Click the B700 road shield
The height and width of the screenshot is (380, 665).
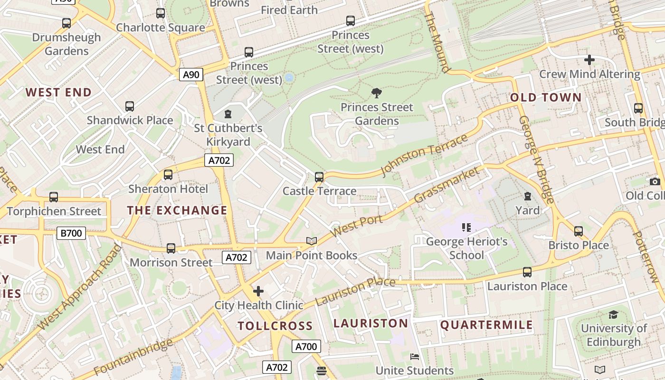pos(71,233)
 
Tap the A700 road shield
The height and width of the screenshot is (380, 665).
pos(306,346)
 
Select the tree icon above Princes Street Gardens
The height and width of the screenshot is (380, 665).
pos(377,93)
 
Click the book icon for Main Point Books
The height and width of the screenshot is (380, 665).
pos(312,241)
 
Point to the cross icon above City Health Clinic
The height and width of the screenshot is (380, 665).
pos(258,291)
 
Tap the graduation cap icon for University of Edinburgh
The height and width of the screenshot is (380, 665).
pos(613,314)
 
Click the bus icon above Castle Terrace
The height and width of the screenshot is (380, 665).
pos(319,177)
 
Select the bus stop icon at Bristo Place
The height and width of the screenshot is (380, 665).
pos(578,231)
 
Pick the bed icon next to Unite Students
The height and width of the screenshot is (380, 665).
pos(415,356)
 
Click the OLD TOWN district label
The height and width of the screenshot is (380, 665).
pos(546,98)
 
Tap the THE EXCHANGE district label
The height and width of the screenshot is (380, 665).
pos(177,210)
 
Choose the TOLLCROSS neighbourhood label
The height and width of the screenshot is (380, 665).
pos(275,326)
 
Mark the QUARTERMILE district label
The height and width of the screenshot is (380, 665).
pos(486,325)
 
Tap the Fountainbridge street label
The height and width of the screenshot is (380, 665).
pos(133,357)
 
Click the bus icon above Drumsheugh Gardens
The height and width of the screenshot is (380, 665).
pos(66,23)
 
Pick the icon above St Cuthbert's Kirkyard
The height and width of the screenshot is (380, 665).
pos(228,114)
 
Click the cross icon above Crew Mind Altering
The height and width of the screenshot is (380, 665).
pos(589,60)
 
